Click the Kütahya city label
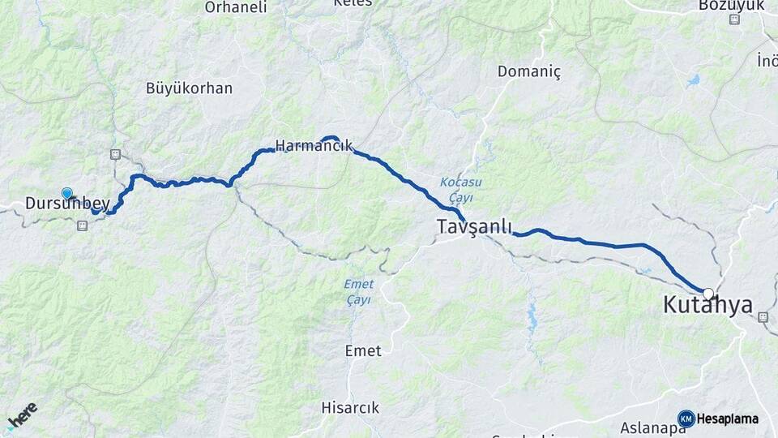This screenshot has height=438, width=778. point(707,306)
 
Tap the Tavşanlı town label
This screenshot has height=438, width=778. point(475,227)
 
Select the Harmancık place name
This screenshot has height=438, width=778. point(314,146)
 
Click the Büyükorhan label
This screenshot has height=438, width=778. point(189,88)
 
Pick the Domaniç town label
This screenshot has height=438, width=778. point(528,71)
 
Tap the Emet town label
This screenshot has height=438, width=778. point(362,350)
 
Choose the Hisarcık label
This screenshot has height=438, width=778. point(349,407)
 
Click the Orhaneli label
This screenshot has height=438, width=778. point(236,7)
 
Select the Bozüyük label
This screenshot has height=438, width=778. point(731,5)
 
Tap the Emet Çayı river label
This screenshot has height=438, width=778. point(358,291)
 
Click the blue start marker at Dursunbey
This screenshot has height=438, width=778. point(66,193)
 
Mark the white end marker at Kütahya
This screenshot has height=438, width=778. point(708,294)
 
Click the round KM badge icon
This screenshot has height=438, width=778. point(686,419)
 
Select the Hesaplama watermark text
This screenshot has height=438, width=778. point(727,419)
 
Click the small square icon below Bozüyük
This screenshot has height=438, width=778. point(734,19)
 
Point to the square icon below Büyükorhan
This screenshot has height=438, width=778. point(114,154)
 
